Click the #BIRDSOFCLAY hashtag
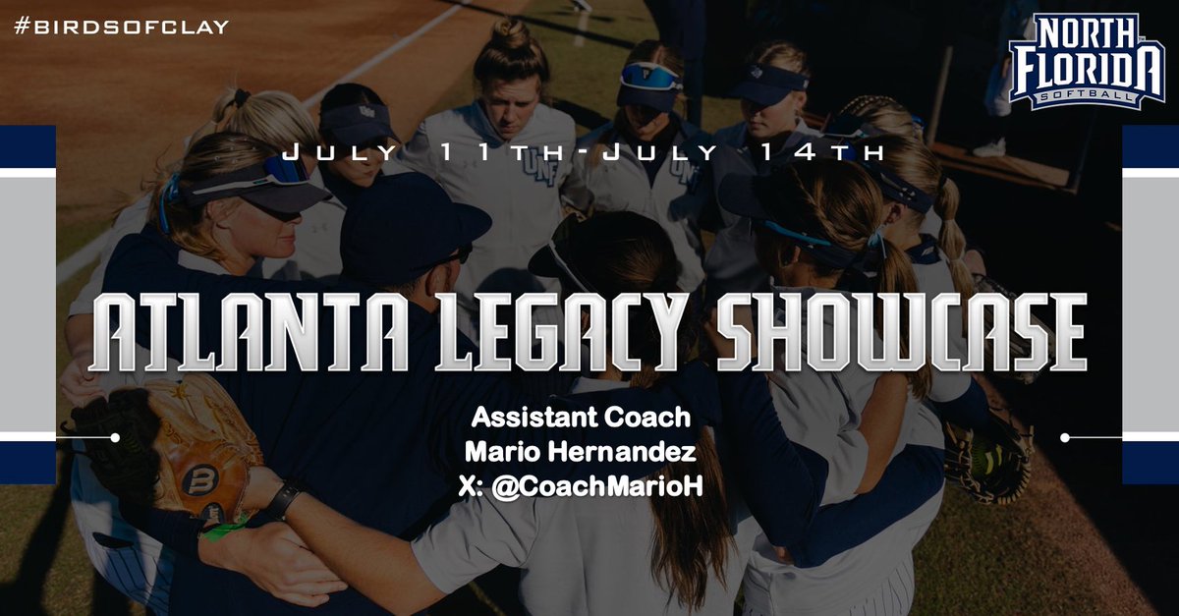121,27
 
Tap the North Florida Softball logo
1086,61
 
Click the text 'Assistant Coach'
581,418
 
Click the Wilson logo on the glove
200,480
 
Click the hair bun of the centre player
511,34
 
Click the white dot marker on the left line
115,437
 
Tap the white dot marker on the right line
1066,437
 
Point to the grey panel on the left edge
27,304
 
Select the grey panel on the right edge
1151,304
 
